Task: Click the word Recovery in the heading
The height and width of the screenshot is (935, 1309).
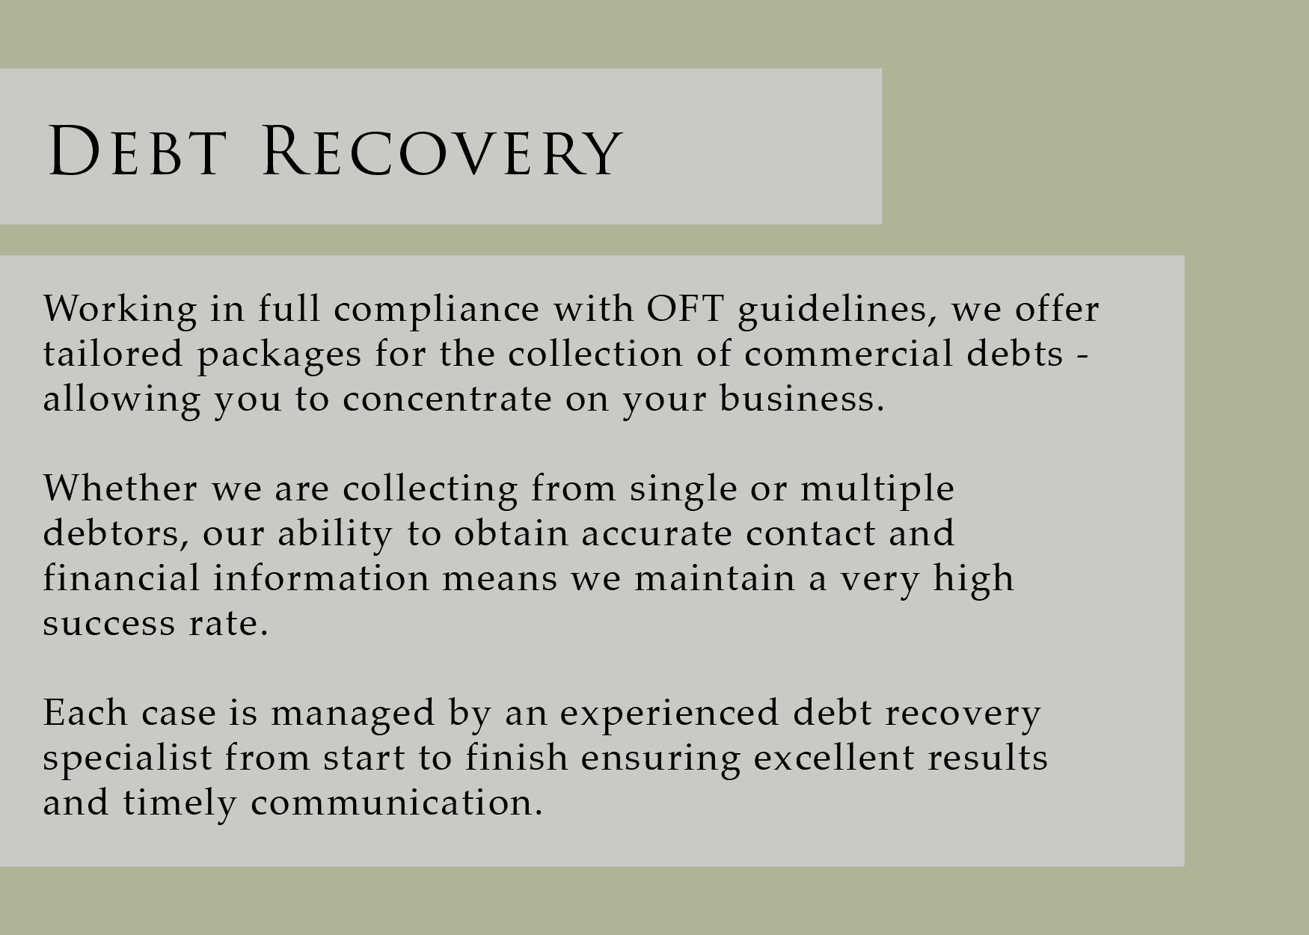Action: click(441, 151)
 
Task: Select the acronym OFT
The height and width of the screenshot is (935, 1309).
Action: click(685, 309)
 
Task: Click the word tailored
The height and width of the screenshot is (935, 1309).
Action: click(113, 354)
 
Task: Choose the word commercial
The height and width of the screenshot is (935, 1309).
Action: click(849, 354)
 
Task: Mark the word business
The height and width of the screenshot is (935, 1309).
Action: click(802, 399)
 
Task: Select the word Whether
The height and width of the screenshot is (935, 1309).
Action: click(120, 489)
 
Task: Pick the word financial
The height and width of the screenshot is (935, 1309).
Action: click(121, 579)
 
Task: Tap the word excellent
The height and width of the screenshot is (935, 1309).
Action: click(833, 758)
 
